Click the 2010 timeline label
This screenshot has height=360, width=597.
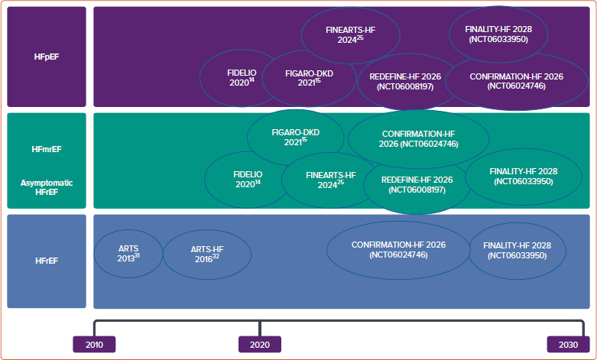(94, 345)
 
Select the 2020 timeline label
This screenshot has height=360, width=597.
(260, 345)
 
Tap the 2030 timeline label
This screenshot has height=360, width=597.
(568, 345)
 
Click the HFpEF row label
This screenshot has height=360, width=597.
(47, 57)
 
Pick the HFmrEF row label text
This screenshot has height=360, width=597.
(47, 149)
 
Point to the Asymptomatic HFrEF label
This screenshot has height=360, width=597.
(47, 187)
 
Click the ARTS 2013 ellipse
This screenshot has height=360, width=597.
(128, 254)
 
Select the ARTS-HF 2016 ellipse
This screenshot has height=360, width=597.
(206, 254)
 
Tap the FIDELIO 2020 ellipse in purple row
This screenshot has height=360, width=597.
(238, 76)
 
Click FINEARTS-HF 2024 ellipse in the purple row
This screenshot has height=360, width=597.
(349, 34)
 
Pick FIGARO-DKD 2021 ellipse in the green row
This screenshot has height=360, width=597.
(295, 137)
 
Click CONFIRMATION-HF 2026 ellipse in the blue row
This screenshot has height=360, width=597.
(398, 249)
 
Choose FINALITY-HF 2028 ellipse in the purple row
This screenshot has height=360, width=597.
(498, 34)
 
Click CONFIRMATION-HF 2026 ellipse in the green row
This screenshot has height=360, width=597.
(418, 138)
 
